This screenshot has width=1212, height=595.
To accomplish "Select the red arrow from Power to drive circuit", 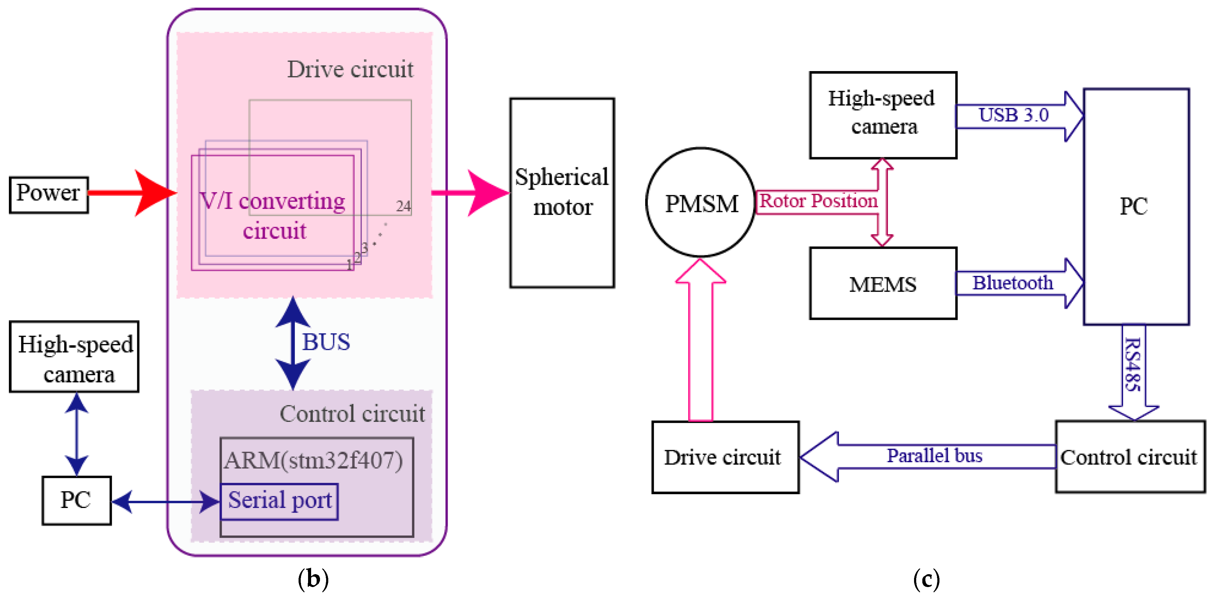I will tap(127, 192).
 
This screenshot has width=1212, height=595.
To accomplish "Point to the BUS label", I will tap(326, 342).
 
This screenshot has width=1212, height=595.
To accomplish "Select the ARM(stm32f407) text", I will tap(313, 460).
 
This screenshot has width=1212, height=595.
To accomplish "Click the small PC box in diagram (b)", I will tap(76, 500).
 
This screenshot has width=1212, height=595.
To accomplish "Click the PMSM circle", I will tap(701, 203).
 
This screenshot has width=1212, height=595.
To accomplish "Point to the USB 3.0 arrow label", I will tap(1014, 115).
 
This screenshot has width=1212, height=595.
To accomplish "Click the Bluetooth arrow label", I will tap(1013, 283).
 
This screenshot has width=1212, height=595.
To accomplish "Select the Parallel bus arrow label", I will tap(934, 456).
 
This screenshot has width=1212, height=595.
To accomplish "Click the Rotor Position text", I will tap(818, 201).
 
